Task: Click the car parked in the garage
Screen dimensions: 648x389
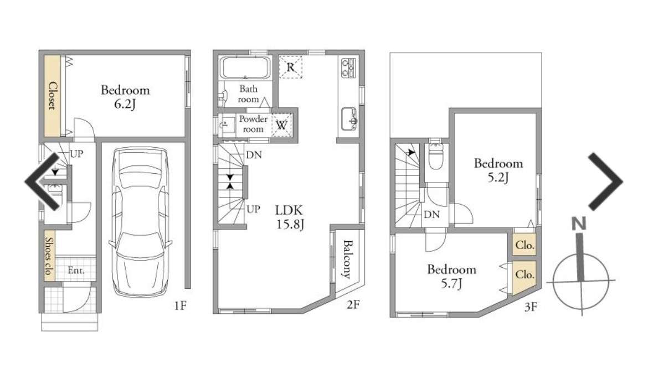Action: coord(140,222)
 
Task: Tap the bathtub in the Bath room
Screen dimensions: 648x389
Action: coord(245,68)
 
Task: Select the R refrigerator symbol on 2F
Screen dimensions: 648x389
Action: coord(291,67)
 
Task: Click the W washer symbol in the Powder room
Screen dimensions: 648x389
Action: coord(282,125)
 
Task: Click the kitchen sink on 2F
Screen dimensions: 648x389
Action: coord(349,118)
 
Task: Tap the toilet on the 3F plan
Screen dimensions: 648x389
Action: coord(436,155)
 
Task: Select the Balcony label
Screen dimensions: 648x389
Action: coord(347,259)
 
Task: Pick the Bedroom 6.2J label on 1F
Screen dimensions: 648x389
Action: coord(125,96)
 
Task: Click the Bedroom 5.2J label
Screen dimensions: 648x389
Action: coord(498,170)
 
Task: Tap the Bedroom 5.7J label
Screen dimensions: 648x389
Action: coord(452,276)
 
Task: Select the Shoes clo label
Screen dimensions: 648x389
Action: coord(49,256)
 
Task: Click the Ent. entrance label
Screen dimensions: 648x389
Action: coord(76,271)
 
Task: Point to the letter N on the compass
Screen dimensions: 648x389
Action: coord(579,224)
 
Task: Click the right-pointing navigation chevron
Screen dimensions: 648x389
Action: coord(605,181)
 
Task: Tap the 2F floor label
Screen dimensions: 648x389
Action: coord(353,305)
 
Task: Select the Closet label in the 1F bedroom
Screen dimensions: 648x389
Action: coord(53,96)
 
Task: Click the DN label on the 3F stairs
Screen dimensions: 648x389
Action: coord(431,215)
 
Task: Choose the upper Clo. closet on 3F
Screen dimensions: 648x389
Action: coord(525,245)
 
